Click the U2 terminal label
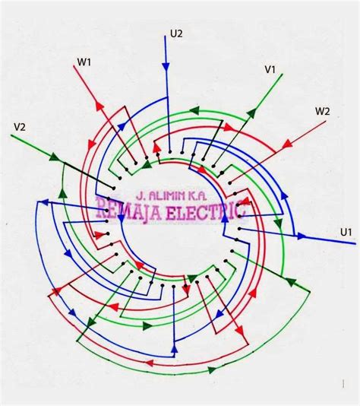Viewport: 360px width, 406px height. pos(176,33)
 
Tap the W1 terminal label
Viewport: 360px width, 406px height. pos(84,62)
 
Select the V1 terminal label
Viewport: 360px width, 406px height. pos(270,69)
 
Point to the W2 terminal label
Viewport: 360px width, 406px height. pos(323,111)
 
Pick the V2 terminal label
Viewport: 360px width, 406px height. pos(20,127)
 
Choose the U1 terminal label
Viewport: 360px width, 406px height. pos(346,232)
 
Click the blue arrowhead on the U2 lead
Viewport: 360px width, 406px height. pos(166,67)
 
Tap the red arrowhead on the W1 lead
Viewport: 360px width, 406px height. pos(99,106)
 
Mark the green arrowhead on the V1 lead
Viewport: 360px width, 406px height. pos(252,113)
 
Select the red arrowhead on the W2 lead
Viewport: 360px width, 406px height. pos(287,144)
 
